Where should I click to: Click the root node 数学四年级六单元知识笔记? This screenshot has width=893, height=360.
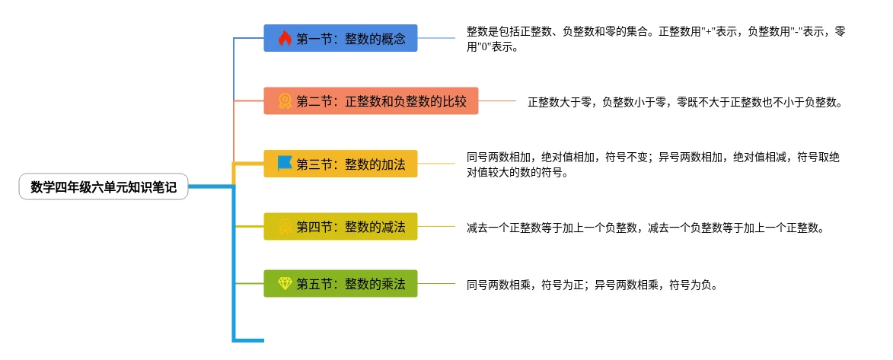point(104,186)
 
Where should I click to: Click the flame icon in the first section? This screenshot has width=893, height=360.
point(285,38)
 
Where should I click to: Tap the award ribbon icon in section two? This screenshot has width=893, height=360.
point(285,100)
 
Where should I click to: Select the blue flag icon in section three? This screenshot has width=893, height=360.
point(285,163)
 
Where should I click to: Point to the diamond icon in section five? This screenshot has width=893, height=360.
point(285,284)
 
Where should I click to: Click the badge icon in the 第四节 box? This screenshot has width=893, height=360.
point(285,226)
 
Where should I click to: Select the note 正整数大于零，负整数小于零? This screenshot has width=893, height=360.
point(685,101)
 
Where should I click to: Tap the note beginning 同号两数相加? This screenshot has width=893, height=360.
point(655,164)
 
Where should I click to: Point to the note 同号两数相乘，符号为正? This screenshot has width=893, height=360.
point(592,285)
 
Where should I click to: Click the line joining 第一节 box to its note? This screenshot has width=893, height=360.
point(442,38)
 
